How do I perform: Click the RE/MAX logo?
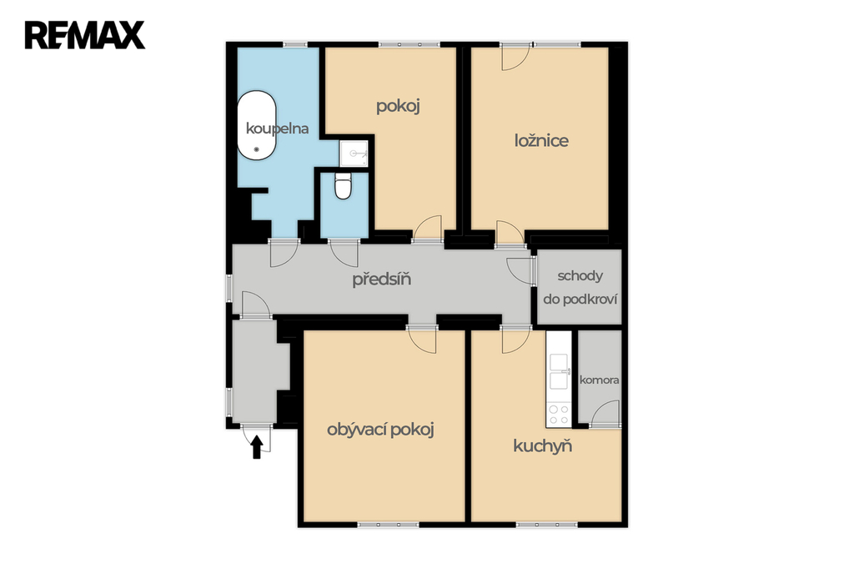[85, 35]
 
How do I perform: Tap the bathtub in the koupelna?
[256, 125]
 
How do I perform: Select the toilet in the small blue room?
[343, 186]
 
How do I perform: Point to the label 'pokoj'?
[398, 106]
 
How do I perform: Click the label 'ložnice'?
[541, 141]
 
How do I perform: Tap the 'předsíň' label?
[381, 279]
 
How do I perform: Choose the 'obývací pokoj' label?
[380, 430]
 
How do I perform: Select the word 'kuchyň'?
[542, 446]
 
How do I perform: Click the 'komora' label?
[599, 380]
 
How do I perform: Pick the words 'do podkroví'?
[580, 300]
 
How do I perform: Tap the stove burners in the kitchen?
[558, 415]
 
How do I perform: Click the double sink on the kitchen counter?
[559, 372]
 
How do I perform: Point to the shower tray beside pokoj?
[354, 154]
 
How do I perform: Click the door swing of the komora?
[605, 413]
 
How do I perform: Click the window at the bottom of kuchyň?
[546, 525]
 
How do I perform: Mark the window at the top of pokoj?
[409, 44]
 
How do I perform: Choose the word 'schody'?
[580, 276]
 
